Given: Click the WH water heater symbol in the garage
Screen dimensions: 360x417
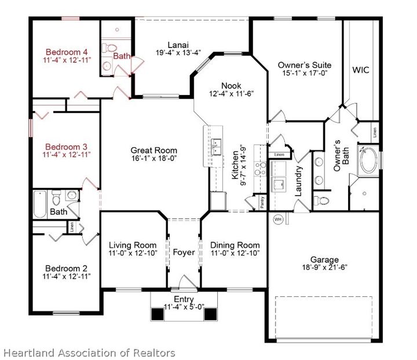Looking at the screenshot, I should click(x=277, y=219).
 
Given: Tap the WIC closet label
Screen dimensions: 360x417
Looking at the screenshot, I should click(x=361, y=70).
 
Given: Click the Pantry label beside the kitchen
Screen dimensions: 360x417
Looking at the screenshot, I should click(x=262, y=201).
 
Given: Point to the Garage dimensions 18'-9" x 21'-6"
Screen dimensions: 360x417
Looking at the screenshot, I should click(x=324, y=270).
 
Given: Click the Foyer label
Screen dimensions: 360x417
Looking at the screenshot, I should click(x=184, y=252).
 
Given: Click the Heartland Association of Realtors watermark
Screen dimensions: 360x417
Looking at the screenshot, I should click(x=88, y=352).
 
